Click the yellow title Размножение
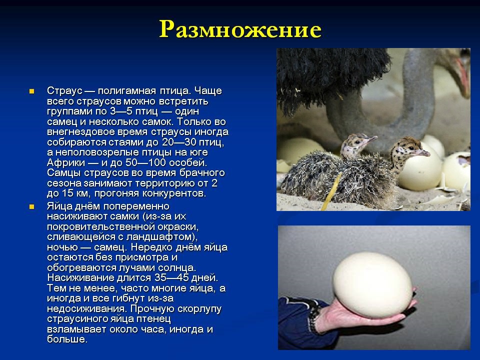point(240,29)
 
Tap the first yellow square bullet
point(31,91)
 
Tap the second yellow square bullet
point(31,206)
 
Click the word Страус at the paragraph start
point(65,90)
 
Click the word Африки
point(66,162)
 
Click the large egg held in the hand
point(372,285)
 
